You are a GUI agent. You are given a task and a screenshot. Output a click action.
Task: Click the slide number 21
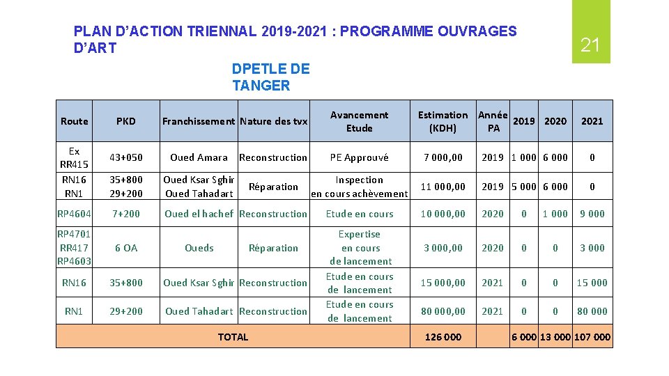point(590,46)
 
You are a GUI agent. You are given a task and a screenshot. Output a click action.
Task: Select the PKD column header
point(126,121)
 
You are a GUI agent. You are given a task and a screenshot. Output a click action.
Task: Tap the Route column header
point(75,121)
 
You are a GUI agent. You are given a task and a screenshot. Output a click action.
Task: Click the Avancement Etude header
point(360,121)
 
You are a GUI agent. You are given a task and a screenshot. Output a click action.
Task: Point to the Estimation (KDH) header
point(443,121)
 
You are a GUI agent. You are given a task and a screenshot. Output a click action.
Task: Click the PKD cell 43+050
point(126,157)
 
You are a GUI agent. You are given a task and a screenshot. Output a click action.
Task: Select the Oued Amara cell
point(199,157)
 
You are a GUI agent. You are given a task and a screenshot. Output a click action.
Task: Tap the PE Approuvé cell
point(360,157)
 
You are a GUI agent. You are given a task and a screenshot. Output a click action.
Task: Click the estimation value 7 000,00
point(443,157)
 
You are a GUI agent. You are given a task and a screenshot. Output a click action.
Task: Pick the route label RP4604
point(74,214)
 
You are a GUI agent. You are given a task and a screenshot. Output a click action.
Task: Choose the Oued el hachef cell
point(199,214)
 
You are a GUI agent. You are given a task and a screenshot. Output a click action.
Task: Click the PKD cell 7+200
point(126,214)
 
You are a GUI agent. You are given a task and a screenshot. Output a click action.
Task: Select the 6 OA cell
point(126,248)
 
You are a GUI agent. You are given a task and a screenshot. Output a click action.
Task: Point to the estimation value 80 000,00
point(443,311)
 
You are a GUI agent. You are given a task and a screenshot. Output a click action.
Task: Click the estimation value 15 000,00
point(443,283)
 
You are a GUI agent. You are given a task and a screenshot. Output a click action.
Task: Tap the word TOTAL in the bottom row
point(233,337)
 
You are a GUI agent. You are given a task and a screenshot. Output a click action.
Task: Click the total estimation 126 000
point(443,337)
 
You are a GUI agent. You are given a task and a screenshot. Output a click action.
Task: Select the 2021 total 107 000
point(592,337)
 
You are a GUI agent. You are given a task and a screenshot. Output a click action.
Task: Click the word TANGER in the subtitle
point(261,86)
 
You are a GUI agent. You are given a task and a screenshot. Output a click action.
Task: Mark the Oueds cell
point(199,248)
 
